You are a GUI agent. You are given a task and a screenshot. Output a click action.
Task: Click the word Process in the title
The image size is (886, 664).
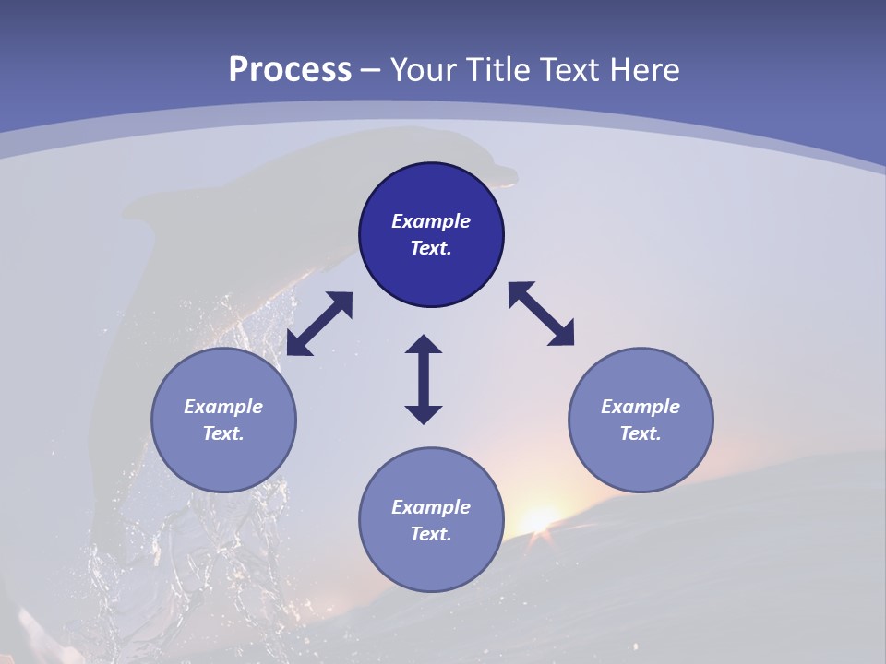point(290,70)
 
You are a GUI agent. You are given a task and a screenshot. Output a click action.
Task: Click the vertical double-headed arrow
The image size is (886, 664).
point(424,379)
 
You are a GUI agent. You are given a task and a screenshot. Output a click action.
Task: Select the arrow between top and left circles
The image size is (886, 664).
point(319,324)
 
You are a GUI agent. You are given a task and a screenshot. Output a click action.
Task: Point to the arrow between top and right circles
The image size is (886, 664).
point(541,314)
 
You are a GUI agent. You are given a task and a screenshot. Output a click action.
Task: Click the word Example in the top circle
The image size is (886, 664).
point(431,221)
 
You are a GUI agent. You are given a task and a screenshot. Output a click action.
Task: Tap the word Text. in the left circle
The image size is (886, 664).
point(223,433)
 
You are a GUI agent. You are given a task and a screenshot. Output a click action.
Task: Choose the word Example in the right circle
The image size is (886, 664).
point(641,407)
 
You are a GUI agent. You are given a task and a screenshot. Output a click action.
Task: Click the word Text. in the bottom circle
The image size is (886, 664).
point(431,534)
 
